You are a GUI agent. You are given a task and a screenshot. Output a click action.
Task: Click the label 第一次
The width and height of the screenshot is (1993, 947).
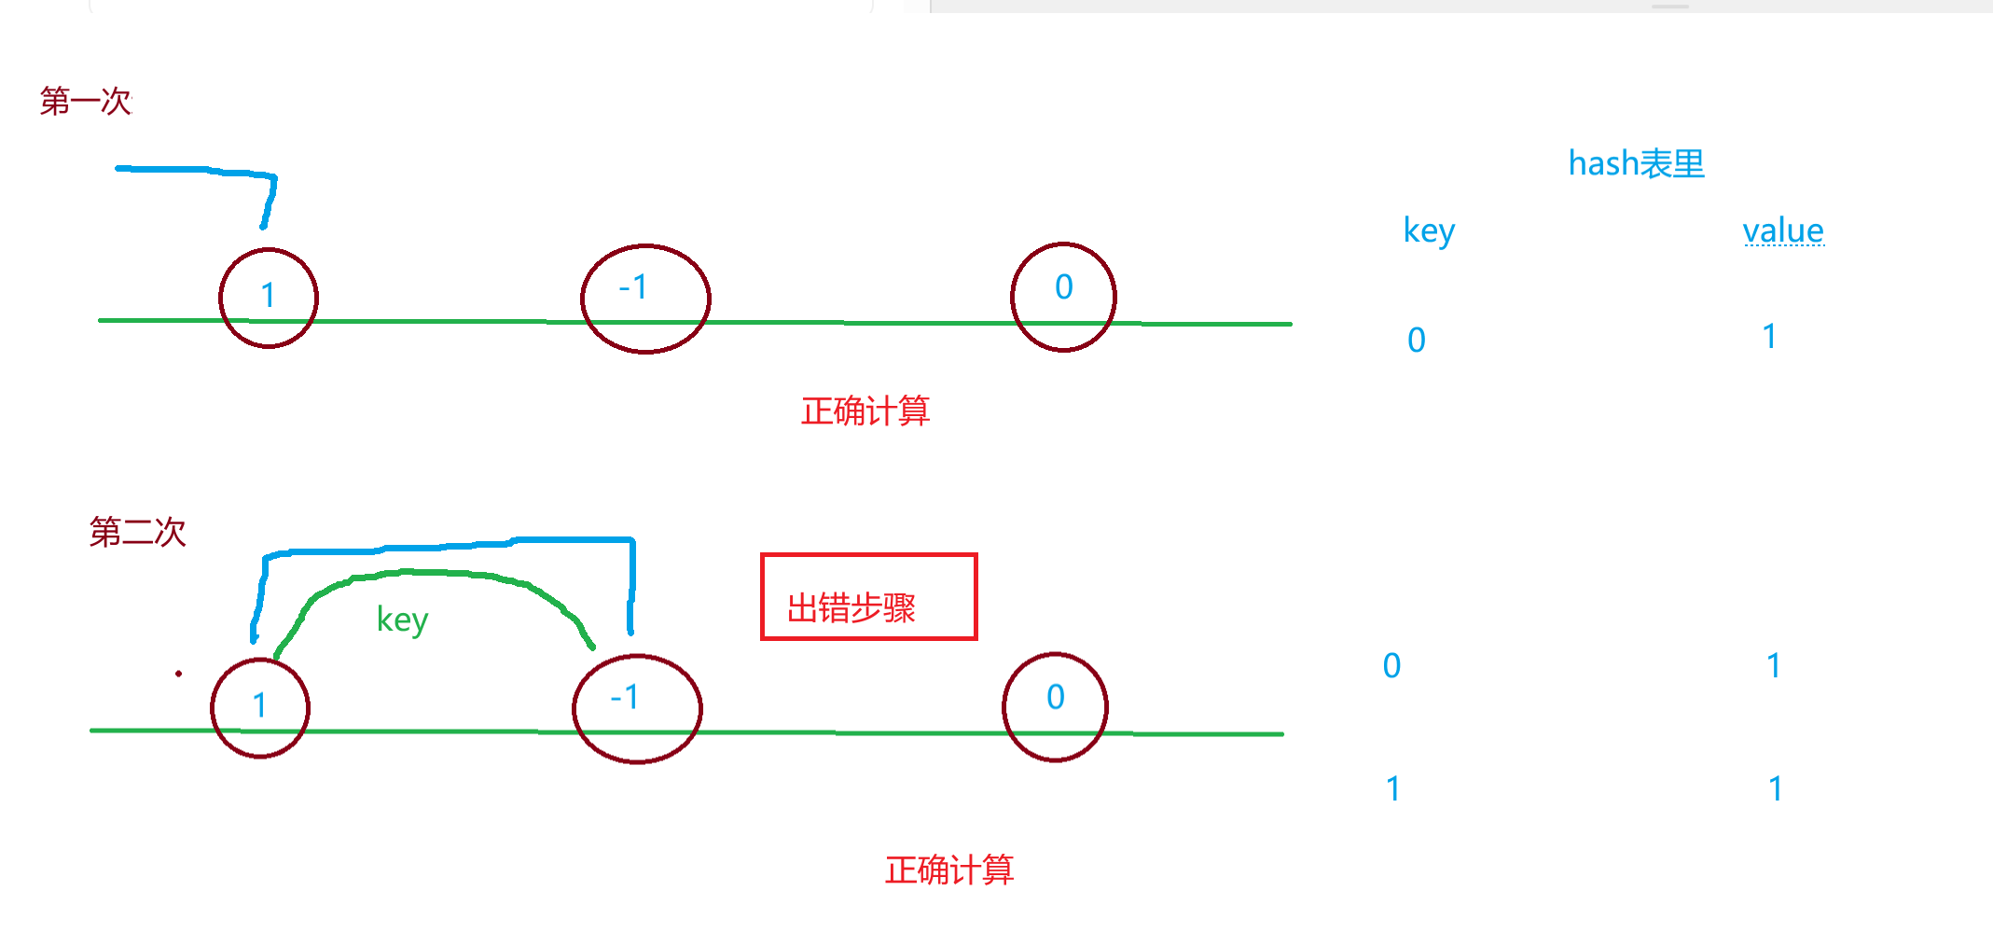click(86, 101)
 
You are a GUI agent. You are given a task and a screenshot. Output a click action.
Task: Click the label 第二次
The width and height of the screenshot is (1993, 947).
click(137, 532)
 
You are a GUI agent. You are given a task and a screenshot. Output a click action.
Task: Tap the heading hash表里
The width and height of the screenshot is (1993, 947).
click(1636, 163)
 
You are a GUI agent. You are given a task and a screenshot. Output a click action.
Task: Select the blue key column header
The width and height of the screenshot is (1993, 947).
click(1429, 230)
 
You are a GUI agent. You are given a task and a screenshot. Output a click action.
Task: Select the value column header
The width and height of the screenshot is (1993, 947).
click(1782, 230)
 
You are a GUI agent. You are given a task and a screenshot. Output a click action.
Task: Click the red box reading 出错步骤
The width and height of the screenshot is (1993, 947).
click(868, 597)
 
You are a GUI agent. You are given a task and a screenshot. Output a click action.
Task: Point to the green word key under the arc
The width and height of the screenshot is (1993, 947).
click(402, 620)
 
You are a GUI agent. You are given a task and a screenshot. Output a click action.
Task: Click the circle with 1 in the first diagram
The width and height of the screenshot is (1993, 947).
click(269, 298)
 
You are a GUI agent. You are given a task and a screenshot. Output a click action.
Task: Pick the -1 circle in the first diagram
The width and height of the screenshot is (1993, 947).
click(645, 299)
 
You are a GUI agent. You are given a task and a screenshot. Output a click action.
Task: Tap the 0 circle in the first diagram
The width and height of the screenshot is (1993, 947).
click(1063, 297)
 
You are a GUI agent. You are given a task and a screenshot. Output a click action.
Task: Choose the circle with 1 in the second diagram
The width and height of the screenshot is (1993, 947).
click(260, 707)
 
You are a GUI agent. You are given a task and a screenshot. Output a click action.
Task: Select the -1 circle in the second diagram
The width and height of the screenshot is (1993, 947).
click(637, 709)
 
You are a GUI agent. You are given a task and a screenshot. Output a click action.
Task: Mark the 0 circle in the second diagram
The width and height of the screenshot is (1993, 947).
click(1055, 707)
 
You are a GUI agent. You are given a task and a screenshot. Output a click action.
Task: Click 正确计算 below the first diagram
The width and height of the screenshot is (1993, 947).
click(865, 411)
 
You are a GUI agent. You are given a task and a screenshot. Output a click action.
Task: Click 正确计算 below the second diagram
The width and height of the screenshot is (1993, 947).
click(949, 870)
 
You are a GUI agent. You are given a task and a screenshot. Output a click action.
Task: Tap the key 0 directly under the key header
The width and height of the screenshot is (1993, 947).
click(1416, 340)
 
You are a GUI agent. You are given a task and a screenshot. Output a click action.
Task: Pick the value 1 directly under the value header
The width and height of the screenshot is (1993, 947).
click(1769, 336)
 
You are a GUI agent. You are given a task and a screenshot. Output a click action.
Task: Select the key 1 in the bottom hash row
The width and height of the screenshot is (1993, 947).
click(1392, 789)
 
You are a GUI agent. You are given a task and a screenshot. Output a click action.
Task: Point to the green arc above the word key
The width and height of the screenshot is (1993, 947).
click(429, 572)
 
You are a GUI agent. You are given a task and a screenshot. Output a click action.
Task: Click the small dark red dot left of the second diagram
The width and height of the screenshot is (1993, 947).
click(178, 673)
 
